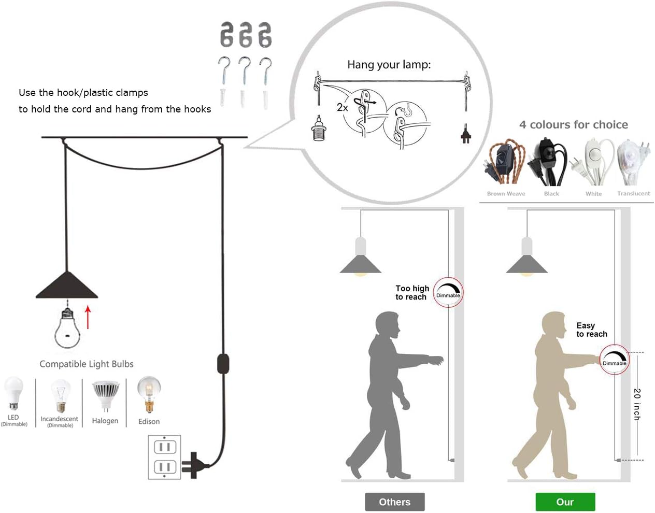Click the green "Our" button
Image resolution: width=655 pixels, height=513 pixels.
[565, 502]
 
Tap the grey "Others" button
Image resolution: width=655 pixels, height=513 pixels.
[394, 502]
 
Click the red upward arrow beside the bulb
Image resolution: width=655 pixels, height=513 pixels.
[88, 317]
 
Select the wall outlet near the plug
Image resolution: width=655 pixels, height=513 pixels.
[164, 457]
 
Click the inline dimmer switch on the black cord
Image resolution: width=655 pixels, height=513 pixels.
[223, 363]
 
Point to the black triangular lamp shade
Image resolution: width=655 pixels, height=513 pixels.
[67, 287]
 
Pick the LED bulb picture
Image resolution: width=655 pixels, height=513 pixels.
[13, 394]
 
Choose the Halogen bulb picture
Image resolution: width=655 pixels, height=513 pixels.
[105, 395]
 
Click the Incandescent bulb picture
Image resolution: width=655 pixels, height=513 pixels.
[60, 396]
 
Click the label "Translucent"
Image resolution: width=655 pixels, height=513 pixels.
[633, 193]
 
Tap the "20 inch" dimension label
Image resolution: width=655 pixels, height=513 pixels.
[637, 404]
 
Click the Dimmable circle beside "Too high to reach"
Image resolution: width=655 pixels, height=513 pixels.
[448, 292]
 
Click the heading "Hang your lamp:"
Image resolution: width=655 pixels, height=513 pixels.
[389, 65]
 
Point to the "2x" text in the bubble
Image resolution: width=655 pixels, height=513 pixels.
[342, 107]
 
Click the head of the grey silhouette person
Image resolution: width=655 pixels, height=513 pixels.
[387, 324]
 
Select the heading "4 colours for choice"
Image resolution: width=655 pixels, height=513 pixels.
[574, 125]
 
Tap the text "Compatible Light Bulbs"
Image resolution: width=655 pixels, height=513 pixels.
[87, 364]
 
